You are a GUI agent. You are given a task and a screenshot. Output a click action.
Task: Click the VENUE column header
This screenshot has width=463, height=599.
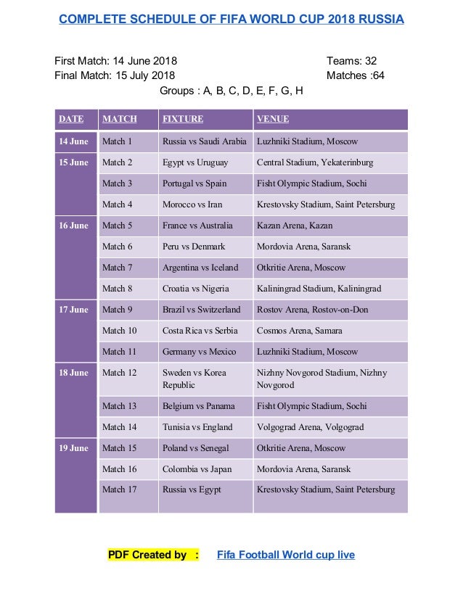point(273,119)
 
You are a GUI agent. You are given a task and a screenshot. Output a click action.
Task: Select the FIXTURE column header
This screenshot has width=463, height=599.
point(183,119)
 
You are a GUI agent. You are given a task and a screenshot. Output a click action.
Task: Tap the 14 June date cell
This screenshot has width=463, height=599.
point(74,141)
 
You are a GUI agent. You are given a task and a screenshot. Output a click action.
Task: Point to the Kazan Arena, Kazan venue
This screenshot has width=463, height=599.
point(293,226)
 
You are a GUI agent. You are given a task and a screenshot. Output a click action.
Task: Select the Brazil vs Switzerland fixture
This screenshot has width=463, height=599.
point(201,310)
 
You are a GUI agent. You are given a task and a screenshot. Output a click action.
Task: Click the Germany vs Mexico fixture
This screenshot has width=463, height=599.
point(199,352)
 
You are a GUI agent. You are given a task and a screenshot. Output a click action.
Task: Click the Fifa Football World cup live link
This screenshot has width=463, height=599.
point(286,555)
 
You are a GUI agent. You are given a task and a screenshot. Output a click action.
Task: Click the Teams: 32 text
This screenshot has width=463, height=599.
point(351,61)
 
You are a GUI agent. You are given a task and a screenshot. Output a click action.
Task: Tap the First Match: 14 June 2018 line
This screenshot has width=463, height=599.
point(116,61)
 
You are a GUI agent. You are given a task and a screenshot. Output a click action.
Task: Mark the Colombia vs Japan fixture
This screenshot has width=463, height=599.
point(197,469)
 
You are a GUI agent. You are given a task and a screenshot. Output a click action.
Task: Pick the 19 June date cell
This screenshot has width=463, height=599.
point(74,448)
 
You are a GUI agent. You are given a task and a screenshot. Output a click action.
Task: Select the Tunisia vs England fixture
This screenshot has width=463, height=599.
point(197,427)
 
